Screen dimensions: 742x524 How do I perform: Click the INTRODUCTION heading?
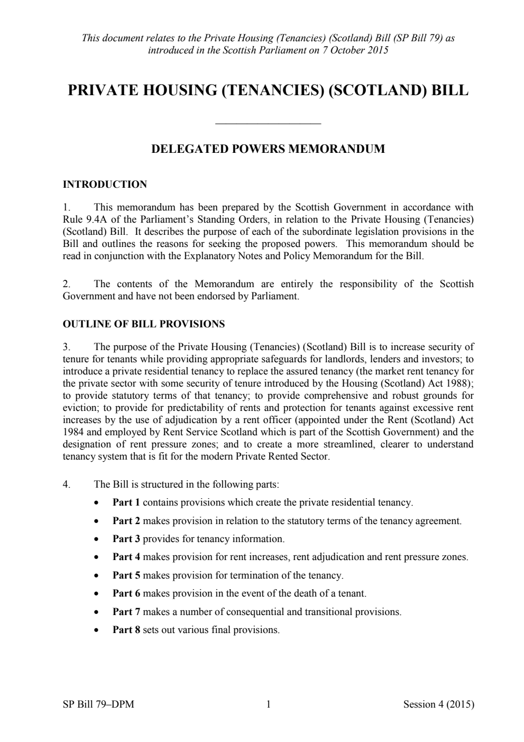pyautogui.click(x=105, y=185)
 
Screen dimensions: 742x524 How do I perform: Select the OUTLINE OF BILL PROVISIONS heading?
pyautogui.click(x=143, y=324)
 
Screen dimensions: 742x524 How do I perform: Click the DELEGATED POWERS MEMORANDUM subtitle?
pyautogui.click(x=268, y=149)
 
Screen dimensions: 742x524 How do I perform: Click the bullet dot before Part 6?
pyautogui.click(x=96, y=594)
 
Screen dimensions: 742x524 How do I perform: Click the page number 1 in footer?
pyautogui.click(x=268, y=704)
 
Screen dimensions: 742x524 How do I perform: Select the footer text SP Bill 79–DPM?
pyautogui.click(x=98, y=704)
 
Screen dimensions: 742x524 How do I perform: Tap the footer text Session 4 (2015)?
pyautogui.click(x=438, y=704)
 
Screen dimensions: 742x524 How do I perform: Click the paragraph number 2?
pyautogui.click(x=66, y=285)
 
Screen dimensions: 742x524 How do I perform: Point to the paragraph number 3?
pyautogui.click(x=66, y=347)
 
